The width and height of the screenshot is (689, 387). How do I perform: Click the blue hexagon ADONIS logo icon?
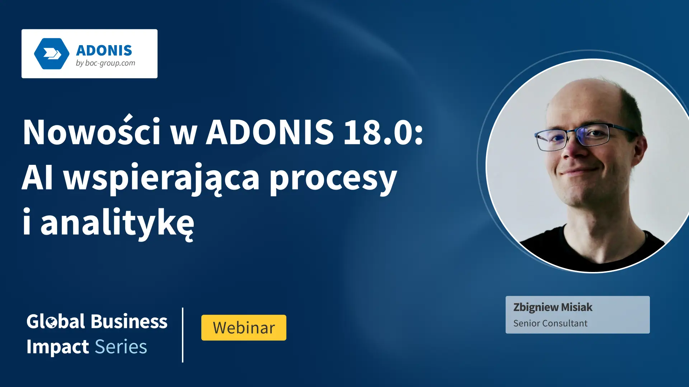point(52,54)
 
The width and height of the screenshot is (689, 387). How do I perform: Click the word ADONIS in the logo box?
point(104,51)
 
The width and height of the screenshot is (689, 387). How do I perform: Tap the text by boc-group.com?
point(106,63)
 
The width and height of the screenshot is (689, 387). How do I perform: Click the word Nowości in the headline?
point(92,132)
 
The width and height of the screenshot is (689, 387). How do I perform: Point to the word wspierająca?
point(161,178)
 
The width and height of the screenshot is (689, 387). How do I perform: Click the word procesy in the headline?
point(333,178)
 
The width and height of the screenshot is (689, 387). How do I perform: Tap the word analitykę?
point(117,223)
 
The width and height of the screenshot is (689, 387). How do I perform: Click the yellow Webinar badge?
point(244,328)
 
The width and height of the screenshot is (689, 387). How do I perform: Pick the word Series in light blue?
point(121,347)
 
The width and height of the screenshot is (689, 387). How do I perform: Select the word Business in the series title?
point(129,321)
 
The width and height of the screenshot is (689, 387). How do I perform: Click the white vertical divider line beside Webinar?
point(183,335)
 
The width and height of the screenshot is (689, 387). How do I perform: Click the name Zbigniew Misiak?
point(553,307)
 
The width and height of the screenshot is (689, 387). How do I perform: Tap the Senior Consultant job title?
point(550,323)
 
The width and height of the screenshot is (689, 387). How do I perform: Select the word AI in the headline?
point(38,178)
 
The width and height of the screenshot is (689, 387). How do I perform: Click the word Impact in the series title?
point(57,347)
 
